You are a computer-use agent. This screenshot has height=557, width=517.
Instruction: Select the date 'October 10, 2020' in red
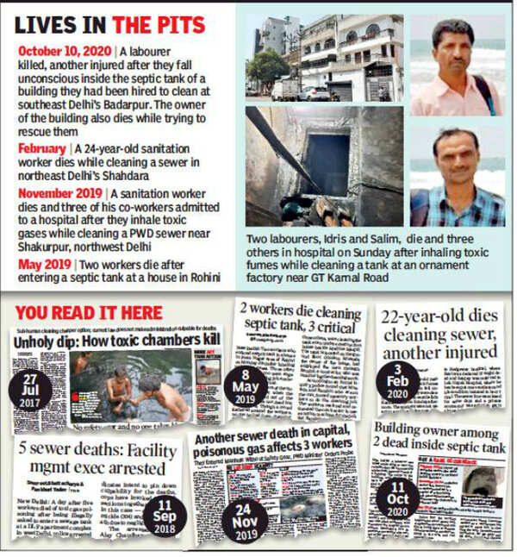click(65, 52)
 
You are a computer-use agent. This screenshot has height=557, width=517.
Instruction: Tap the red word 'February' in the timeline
click(41, 148)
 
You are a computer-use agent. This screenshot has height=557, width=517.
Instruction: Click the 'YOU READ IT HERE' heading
click(88, 311)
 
